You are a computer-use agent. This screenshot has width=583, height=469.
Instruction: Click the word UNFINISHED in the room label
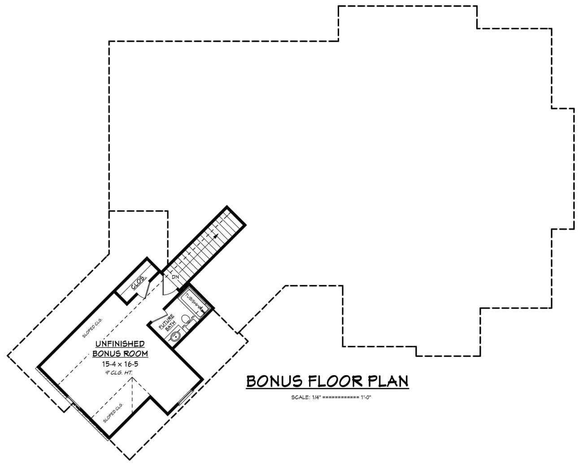point(119,344)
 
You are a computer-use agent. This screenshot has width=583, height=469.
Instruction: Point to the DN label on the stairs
point(175,277)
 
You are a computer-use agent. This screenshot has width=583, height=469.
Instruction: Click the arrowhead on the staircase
point(216,236)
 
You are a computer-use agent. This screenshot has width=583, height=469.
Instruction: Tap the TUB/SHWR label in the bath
point(193,302)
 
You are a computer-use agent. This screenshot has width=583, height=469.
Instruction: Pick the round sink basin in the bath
point(175,336)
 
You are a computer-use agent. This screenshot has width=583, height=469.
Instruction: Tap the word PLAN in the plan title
point(388,381)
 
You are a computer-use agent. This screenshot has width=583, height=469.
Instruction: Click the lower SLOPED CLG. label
point(113,412)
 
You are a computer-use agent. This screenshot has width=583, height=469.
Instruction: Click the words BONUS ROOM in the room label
point(120,353)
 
